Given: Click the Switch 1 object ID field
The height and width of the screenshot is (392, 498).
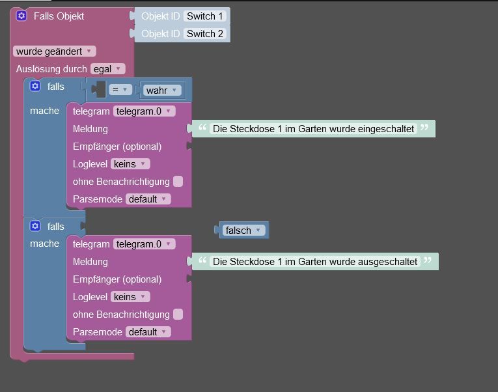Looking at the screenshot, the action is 205,16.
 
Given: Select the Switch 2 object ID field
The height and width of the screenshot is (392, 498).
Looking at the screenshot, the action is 205,34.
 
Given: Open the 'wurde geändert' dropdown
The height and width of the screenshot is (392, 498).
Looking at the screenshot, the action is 54,51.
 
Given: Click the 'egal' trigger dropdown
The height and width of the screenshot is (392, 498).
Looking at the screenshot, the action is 107,69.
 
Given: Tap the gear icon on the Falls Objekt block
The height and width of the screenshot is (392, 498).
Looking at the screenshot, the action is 21,16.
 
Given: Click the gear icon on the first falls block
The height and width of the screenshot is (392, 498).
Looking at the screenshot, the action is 35,86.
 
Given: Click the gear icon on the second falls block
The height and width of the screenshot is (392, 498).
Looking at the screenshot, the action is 35,226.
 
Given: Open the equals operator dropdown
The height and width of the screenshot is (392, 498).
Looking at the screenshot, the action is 120,90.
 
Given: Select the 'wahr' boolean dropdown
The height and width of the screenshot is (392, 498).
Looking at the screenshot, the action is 162,91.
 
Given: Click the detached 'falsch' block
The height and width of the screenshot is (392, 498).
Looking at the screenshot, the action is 243,230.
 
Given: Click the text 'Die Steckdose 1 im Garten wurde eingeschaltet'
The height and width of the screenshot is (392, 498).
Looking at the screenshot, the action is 313,129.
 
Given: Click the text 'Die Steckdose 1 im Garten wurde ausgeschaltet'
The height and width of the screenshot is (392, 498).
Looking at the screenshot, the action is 314,261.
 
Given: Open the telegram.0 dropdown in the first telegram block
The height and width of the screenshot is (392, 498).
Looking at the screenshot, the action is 144,111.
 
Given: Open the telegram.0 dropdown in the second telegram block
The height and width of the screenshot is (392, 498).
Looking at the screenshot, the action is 144,244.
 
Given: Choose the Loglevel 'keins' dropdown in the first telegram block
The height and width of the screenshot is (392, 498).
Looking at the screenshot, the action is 130,164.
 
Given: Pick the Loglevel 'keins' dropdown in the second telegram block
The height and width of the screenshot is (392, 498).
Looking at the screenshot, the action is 130,297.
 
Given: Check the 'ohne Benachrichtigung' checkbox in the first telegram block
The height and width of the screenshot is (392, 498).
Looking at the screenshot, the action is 178,182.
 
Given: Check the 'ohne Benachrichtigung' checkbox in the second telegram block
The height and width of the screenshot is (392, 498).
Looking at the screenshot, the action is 178,314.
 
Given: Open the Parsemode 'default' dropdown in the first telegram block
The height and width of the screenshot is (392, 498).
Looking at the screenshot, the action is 148,199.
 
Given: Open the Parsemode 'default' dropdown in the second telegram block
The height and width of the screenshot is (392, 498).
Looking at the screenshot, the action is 148,332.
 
